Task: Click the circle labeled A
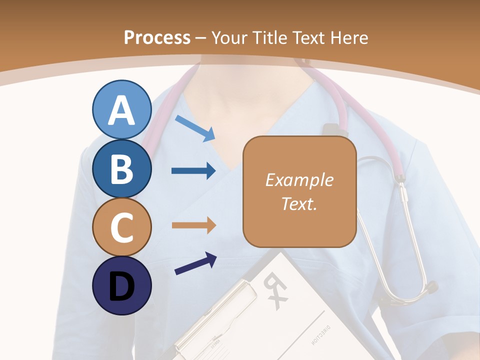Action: click(121, 109)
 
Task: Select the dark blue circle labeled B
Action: click(121, 168)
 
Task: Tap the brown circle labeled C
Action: click(121, 227)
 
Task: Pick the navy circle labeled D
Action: click(121, 285)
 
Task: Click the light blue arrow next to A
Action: click(195, 127)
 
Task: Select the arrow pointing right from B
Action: click(193, 171)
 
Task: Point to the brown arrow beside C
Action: click(193, 225)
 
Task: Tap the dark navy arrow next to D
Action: click(195, 263)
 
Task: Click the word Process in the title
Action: click(157, 37)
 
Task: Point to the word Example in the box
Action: click(299, 180)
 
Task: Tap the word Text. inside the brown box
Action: click(299, 203)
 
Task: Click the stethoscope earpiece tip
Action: click(430, 288)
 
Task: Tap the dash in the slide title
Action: click(200, 37)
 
